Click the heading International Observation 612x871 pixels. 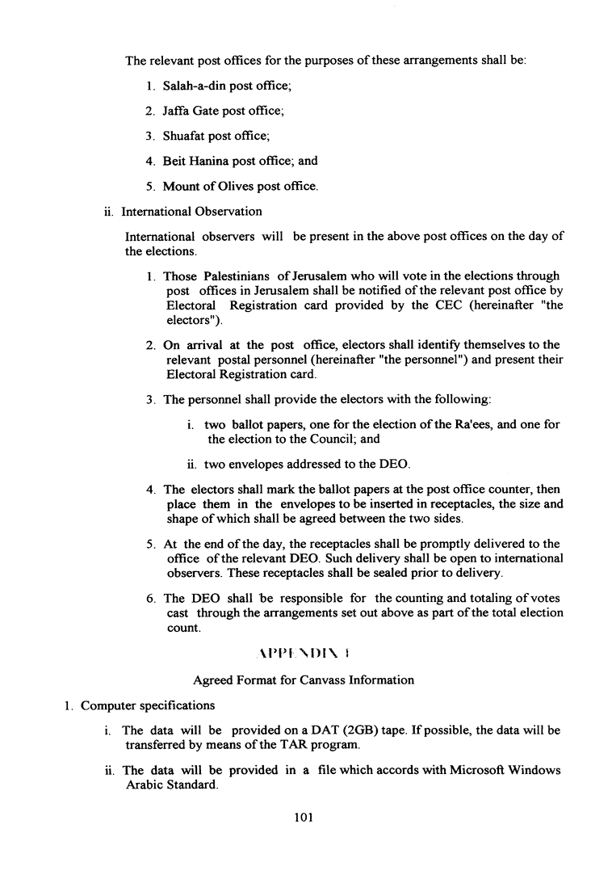191,212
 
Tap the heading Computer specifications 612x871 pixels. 148,705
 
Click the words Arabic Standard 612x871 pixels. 171,785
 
